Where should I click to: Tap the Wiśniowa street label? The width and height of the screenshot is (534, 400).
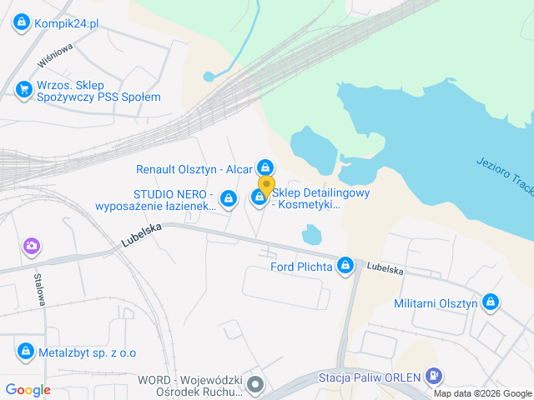pos(55,55)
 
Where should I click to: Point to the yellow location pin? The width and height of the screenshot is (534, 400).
pos(266,187)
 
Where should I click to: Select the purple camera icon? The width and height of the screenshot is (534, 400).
pos(31,246)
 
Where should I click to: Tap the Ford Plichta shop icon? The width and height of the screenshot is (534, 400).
pos(345,267)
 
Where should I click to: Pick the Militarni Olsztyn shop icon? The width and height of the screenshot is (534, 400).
pos(491,302)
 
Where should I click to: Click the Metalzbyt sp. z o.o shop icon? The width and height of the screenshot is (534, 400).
pos(25,351)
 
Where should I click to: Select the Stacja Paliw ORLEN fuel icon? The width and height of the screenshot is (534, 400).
pos(431,377)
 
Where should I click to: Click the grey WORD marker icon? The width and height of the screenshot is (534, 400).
pos(255,385)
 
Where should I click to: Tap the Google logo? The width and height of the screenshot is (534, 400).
pos(28,389)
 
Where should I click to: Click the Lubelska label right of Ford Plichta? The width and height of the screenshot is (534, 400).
pos(384,270)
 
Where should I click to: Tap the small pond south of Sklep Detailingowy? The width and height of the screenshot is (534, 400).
pos(310,237)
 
